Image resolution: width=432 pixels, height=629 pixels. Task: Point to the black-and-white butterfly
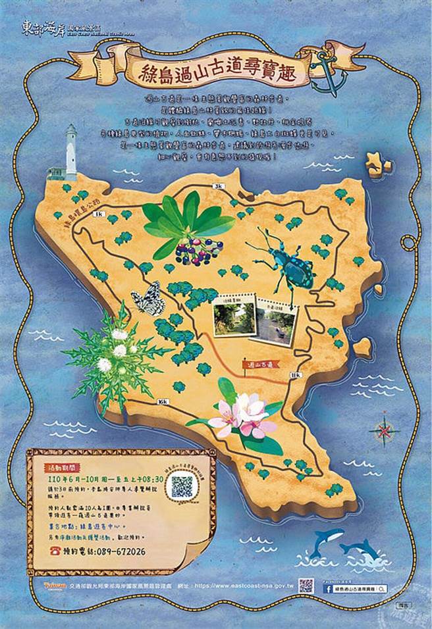point(147,299)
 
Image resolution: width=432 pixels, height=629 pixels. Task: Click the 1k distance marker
point(99,214)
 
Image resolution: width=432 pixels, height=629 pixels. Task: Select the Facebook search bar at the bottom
point(358,590)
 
